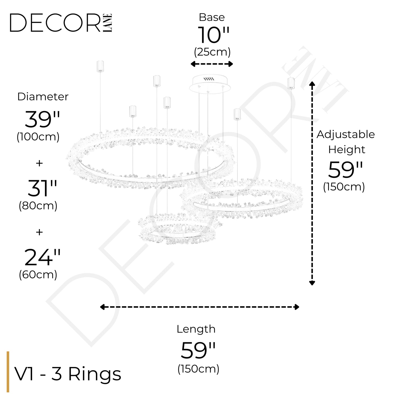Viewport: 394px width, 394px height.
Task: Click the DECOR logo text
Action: click(55, 23)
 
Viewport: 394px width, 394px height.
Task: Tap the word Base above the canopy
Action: click(212, 17)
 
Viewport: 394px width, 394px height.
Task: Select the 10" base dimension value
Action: click(213, 35)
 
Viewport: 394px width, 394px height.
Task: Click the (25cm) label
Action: click(212, 52)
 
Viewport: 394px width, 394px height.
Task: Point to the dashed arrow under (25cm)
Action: click(212, 64)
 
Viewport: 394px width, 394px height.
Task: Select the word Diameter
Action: click(43, 97)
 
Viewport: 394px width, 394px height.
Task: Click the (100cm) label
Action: click(38, 137)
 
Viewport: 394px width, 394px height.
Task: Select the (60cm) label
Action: click(38, 275)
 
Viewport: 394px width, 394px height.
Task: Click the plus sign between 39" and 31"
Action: click(39, 163)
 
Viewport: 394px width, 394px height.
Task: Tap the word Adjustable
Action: click(346, 134)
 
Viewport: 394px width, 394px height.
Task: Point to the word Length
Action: click(196, 329)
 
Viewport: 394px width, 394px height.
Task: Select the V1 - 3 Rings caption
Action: click(68, 374)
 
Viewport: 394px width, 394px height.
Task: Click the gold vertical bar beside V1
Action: click(8, 372)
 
